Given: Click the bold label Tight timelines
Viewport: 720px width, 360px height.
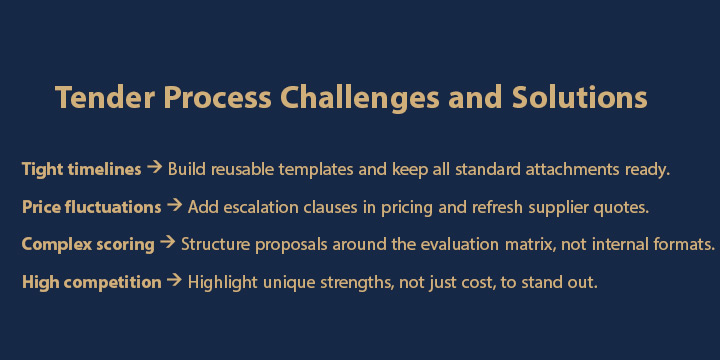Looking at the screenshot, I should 81,169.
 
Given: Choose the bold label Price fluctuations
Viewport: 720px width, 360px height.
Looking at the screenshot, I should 91,207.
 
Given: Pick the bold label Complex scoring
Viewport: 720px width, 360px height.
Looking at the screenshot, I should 88,244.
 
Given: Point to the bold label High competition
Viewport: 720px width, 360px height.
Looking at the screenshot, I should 91,282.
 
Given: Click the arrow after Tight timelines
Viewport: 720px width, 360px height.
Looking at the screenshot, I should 154,168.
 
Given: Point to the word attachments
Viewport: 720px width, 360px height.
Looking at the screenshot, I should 539,169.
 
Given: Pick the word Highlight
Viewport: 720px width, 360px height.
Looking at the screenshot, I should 223,282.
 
